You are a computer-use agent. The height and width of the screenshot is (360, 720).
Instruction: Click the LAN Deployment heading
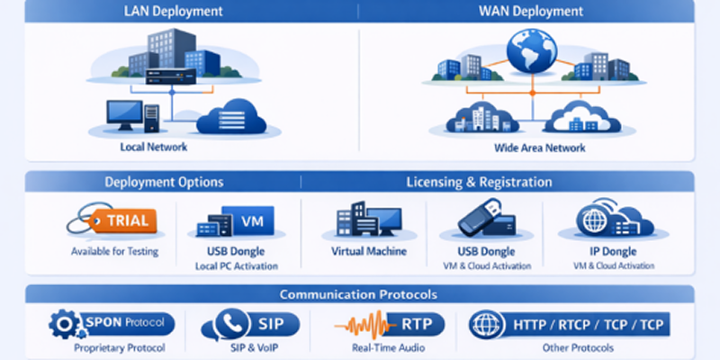pyautogui.click(x=173, y=11)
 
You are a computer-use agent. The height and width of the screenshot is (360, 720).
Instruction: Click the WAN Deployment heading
pyautogui.click(x=531, y=11)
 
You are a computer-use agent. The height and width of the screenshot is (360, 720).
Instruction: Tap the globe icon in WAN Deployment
pyautogui.click(x=532, y=51)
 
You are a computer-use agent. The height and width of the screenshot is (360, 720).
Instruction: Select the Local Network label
pyautogui.click(x=154, y=147)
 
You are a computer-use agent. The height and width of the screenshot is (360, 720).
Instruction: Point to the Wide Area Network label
pyautogui.click(x=539, y=148)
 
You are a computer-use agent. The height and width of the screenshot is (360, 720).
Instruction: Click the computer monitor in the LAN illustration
pyautogui.click(x=124, y=115)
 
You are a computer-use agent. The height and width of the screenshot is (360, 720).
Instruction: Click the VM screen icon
pyautogui.click(x=248, y=220)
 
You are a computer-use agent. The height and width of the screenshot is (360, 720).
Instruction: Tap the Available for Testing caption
pyautogui.click(x=115, y=252)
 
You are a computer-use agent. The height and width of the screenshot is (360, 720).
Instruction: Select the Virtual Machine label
pyautogui.click(x=369, y=251)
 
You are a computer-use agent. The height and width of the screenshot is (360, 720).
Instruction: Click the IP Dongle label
pyautogui.click(x=613, y=251)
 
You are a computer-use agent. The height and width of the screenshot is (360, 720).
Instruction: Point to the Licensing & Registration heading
pyautogui.click(x=479, y=183)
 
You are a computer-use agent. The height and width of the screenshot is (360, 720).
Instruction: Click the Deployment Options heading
pyautogui.click(x=164, y=183)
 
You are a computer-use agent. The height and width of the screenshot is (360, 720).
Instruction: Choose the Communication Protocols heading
pyautogui.click(x=358, y=294)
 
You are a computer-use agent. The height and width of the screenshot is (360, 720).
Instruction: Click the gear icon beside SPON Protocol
pyautogui.click(x=64, y=324)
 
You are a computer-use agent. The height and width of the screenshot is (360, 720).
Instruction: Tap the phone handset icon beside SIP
pyautogui.click(x=232, y=324)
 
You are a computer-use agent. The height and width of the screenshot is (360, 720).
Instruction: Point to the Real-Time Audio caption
pyautogui.click(x=389, y=347)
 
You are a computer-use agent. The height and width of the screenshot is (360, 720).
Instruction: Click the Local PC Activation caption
pyautogui.click(x=237, y=266)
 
